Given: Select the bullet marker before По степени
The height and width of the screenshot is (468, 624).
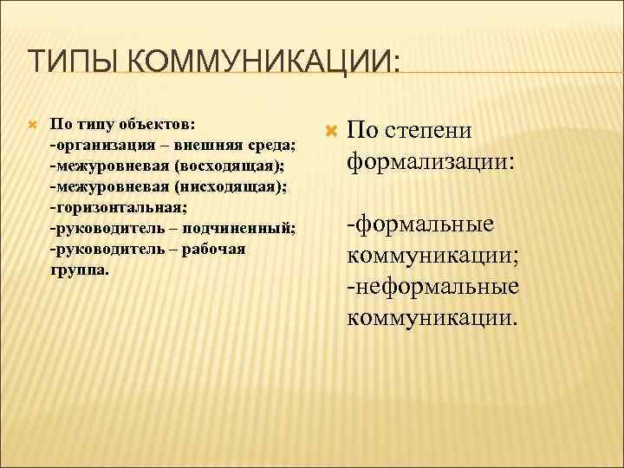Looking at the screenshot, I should click(x=328, y=131).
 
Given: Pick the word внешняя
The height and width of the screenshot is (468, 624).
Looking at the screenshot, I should click(x=206, y=145).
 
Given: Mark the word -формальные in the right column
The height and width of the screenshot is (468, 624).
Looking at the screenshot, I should click(x=420, y=224).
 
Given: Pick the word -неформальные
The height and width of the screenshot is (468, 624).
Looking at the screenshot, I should click(x=432, y=287).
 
